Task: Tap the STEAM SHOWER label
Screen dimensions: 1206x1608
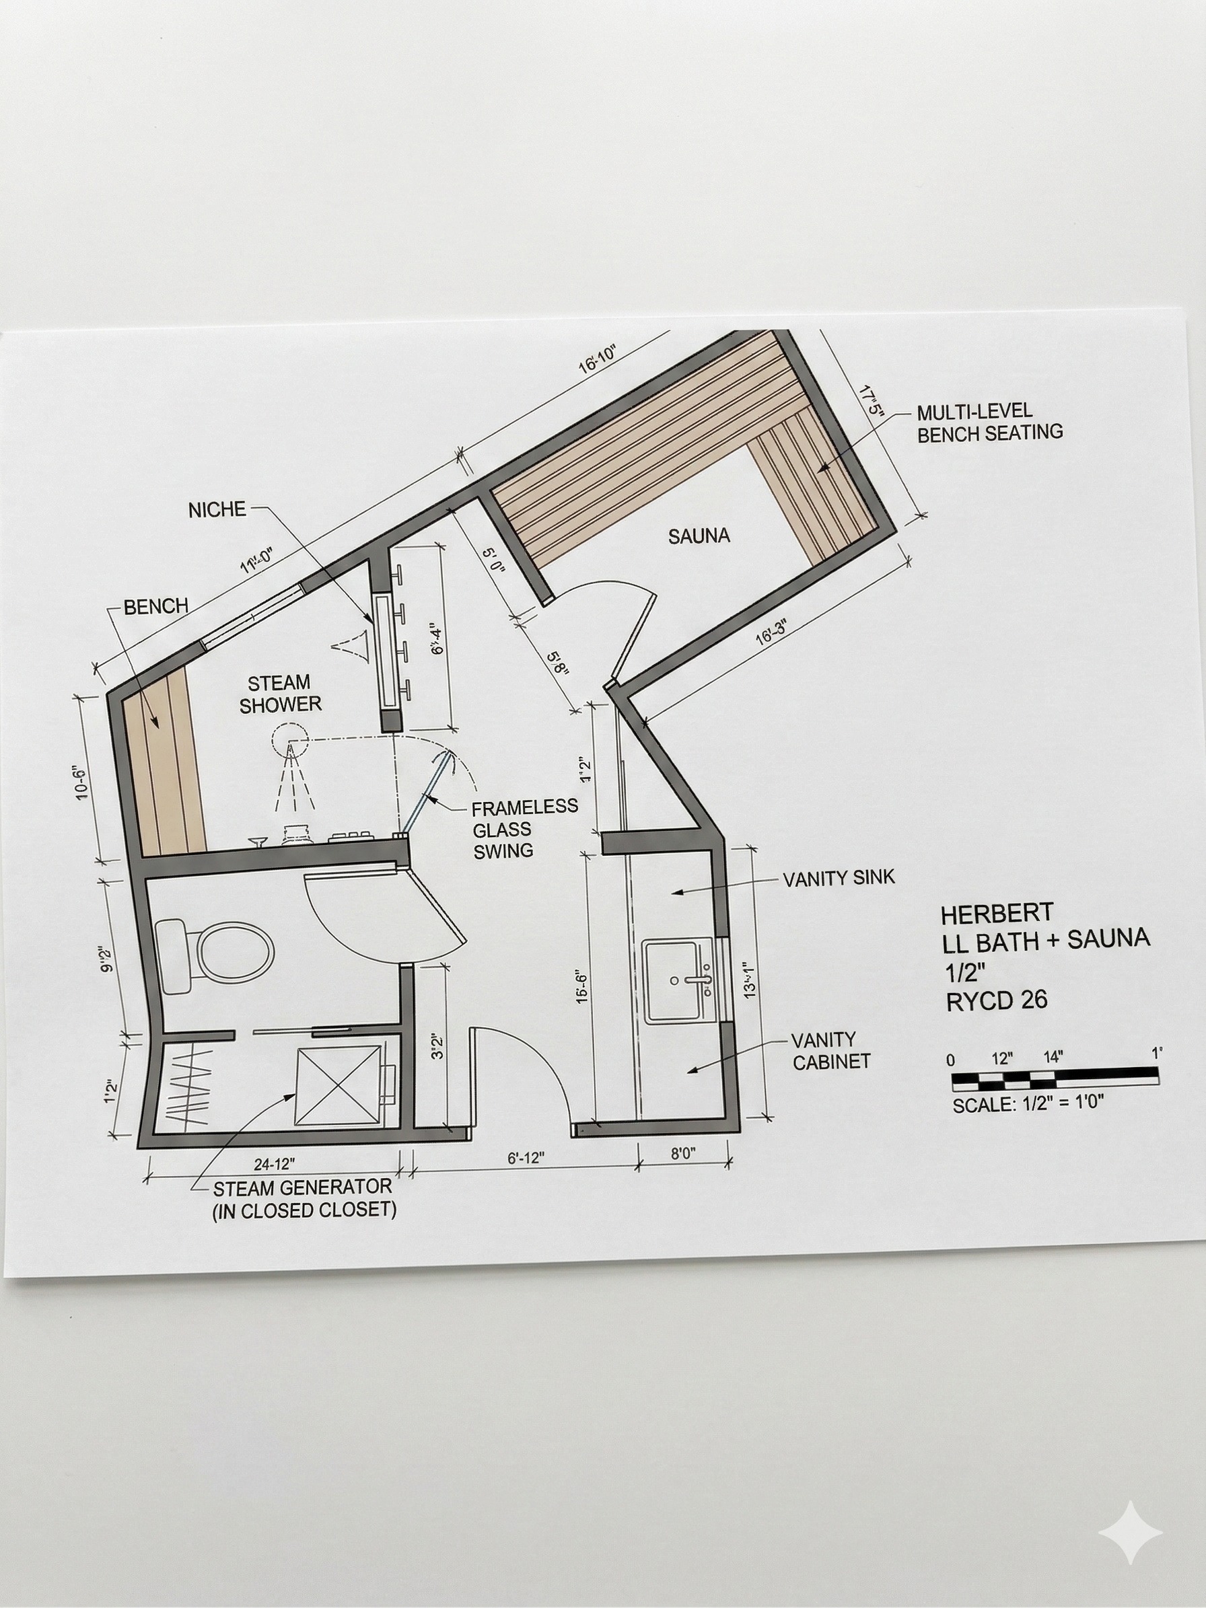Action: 280,694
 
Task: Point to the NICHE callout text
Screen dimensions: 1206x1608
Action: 217,510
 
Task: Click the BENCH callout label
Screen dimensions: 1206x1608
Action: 155,606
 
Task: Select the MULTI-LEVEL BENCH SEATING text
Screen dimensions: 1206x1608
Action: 989,423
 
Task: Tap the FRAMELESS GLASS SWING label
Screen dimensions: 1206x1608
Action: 524,829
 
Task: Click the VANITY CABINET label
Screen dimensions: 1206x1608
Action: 831,1051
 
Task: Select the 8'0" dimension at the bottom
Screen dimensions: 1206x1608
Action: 682,1155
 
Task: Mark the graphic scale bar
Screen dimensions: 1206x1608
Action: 1055,1079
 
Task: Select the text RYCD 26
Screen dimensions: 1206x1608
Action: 997,1001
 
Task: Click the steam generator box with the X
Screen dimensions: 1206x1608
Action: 336,1087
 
